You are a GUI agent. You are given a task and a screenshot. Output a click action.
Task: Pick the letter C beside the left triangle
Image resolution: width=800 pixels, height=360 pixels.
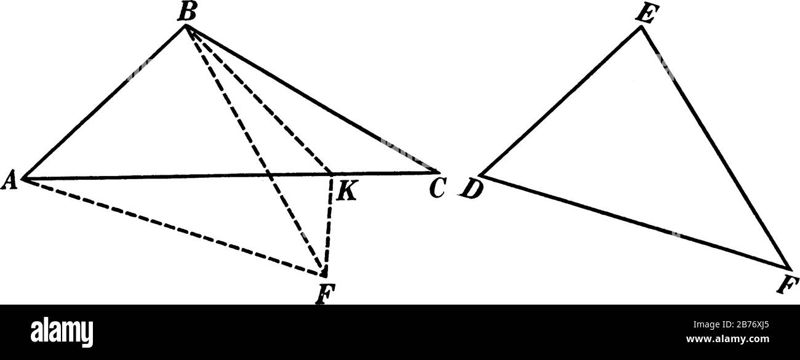pyautogui.click(x=436, y=190)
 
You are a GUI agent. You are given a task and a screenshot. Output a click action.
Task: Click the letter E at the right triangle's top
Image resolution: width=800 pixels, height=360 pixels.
pyautogui.click(x=646, y=16)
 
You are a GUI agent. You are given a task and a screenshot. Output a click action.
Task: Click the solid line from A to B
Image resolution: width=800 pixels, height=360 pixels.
pyautogui.click(x=105, y=102)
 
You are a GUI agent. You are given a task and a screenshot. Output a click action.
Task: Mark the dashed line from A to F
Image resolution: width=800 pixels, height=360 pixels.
pyautogui.click(x=172, y=226)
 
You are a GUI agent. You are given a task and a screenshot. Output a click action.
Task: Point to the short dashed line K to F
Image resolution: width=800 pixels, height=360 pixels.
pyautogui.click(x=328, y=225)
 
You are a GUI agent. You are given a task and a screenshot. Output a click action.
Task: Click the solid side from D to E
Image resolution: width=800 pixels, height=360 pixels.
pyautogui.click(x=560, y=102)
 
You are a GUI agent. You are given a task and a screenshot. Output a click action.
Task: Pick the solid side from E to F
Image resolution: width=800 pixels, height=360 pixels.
pyautogui.click(x=715, y=148)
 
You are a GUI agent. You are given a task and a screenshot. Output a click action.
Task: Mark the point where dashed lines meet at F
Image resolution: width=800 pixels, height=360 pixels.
pyautogui.click(x=324, y=274)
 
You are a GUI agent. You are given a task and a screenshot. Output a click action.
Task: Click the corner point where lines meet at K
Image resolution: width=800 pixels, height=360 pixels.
pyautogui.click(x=332, y=174)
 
